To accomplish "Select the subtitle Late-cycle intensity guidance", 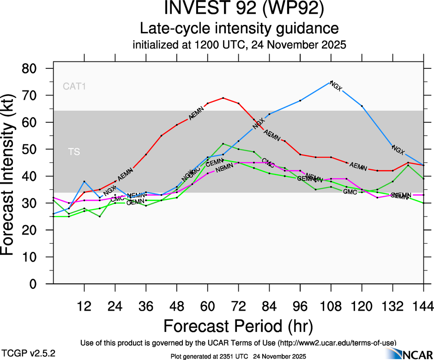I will click(240, 29).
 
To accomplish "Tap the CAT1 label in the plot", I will click(75, 86).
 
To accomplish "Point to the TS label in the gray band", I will click(74, 152).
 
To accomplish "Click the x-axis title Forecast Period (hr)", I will click(238, 326).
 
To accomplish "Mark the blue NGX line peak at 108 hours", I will click(331, 82).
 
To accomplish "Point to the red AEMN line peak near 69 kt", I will click(223, 98).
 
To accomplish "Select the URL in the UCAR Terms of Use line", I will click(337, 342).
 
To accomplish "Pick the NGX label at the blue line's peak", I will click(337, 86).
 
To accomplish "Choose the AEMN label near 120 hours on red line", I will click(358, 165).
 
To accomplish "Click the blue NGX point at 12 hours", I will click(84, 181).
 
